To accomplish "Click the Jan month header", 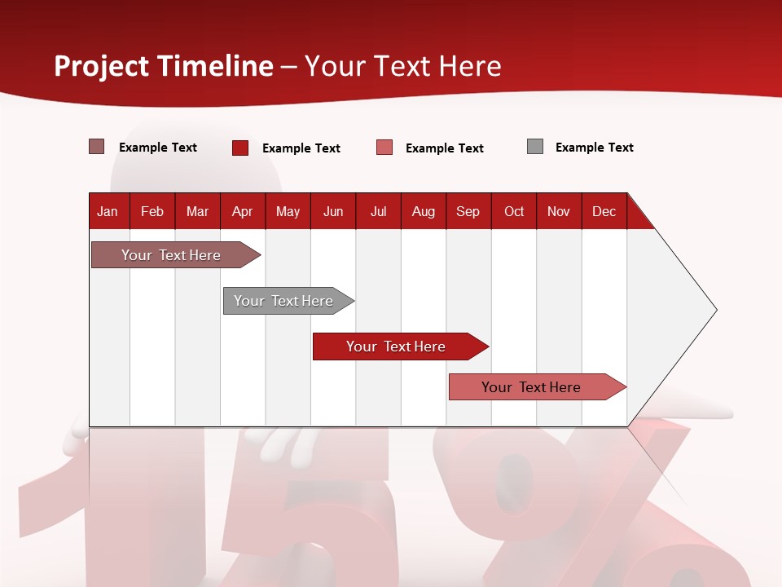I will [x=108, y=211].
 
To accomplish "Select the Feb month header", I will [x=152, y=211].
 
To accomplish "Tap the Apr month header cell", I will [x=243, y=211].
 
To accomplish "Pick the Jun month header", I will [x=333, y=211].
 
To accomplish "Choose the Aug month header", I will [x=424, y=211].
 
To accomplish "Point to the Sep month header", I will [x=468, y=211].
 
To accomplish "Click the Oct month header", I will [x=514, y=211].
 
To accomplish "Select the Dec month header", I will [x=604, y=211].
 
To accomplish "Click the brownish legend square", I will [x=97, y=147].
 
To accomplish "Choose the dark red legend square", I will [x=240, y=148].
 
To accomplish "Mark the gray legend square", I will [x=535, y=147].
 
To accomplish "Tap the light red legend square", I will [x=384, y=148].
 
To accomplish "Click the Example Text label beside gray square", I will [x=594, y=148].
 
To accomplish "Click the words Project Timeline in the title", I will [x=164, y=66].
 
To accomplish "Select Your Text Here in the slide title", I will [x=402, y=66].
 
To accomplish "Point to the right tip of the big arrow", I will [x=714, y=310].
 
